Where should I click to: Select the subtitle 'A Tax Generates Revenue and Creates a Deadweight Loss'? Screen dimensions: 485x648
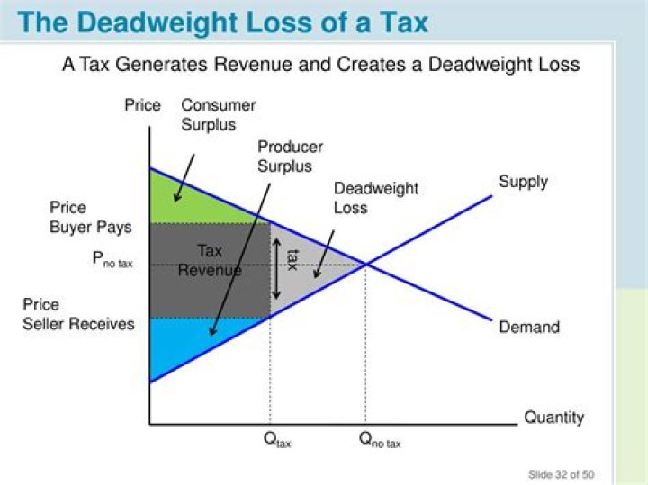click(x=320, y=65)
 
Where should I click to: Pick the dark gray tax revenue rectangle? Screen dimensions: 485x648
click(x=209, y=270)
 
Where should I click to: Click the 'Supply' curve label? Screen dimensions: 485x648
click(x=523, y=182)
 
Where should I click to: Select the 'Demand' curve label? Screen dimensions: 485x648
click(x=528, y=327)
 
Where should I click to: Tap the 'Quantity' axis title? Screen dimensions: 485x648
click(x=553, y=418)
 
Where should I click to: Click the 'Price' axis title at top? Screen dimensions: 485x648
click(x=142, y=105)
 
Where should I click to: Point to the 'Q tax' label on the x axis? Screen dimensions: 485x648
click(x=276, y=441)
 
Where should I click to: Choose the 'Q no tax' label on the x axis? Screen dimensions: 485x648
click(x=380, y=441)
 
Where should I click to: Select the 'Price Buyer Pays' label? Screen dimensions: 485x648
click(x=90, y=218)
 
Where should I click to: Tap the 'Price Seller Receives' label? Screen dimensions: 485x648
click(x=78, y=314)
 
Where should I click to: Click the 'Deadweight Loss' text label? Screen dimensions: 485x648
click(x=364, y=198)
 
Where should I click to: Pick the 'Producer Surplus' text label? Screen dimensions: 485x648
click(x=290, y=157)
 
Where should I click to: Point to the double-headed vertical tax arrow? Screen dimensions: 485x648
click(x=277, y=269)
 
